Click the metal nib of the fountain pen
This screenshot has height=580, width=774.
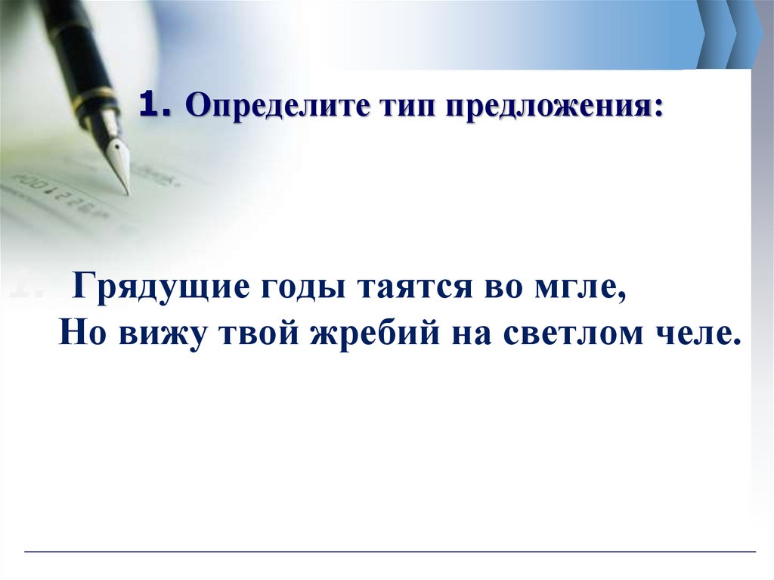(119, 158)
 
